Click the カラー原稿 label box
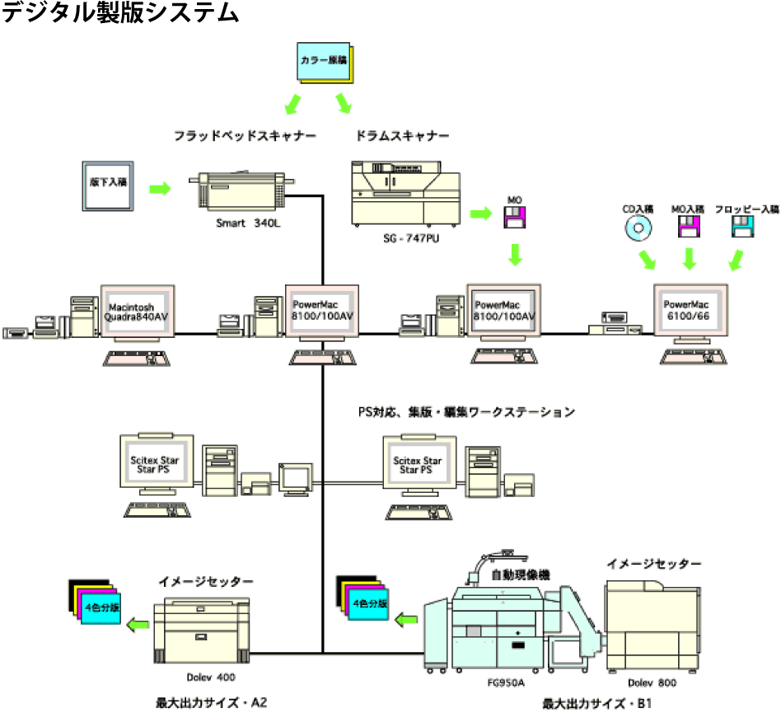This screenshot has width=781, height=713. [x=323, y=61]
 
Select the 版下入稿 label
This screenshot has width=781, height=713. [x=108, y=182]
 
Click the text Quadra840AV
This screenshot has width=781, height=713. [x=136, y=317]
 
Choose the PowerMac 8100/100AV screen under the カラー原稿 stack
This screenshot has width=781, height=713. [x=322, y=310]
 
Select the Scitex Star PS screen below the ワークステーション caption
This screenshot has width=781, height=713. [x=417, y=465]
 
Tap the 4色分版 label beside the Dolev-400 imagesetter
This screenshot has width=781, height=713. [x=101, y=607]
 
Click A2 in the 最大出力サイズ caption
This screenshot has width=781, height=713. [x=255, y=701]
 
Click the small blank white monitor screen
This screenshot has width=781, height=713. [x=295, y=476]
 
